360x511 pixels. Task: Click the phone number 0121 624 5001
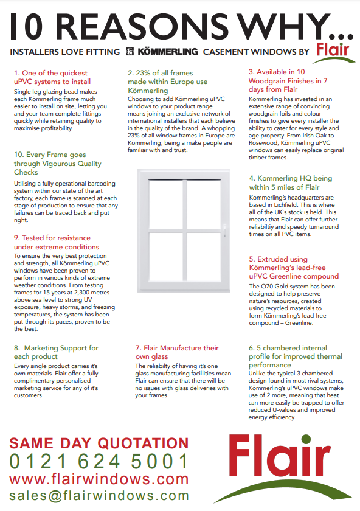(100, 461)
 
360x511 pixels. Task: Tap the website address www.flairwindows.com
(99, 479)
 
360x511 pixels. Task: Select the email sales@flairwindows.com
(99, 496)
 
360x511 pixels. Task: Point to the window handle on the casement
(224, 230)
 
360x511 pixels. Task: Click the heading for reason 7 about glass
(176, 352)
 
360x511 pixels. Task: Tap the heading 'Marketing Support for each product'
(56, 352)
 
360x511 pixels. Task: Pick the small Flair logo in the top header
(333, 51)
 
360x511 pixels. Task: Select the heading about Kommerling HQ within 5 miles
(291, 183)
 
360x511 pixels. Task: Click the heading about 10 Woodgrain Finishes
(289, 80)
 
